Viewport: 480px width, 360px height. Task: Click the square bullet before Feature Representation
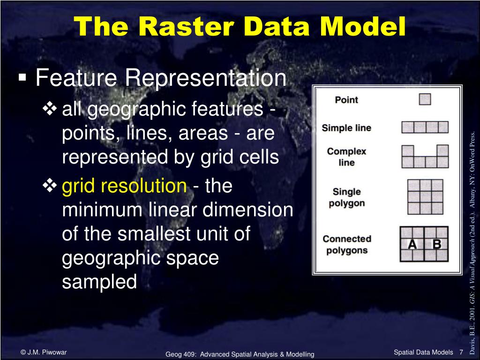[x=22, y=77]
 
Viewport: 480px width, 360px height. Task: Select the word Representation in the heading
[x=205, y=78]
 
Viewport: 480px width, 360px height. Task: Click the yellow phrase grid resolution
[x=124, y=186]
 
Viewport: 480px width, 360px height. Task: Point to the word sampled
[x=99, y=281]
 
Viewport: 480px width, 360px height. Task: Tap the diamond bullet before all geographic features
[x=50, y=109]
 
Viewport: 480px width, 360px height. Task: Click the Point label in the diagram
[x=346, y=100]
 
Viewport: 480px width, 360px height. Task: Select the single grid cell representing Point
[x=425, y=99]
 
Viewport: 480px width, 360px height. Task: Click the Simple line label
[x=346, y=128]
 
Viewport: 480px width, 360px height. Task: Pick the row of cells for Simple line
[x=425, y=127]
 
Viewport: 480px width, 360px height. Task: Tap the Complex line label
[x=346, y=157]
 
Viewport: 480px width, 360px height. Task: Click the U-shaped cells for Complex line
[x=425, y=162]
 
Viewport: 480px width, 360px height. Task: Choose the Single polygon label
[x=346, y=197]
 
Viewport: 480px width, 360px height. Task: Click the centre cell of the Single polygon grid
[x=425, y=197]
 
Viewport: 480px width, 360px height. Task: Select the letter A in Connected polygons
[x=412, y=244]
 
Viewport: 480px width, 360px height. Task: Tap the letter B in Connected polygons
[x=436, y=244]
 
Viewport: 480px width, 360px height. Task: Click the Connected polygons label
[x=347, y=245]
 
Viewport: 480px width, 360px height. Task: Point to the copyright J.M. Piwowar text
[x=44, y=352]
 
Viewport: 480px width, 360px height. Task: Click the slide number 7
[x=461, y=352]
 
